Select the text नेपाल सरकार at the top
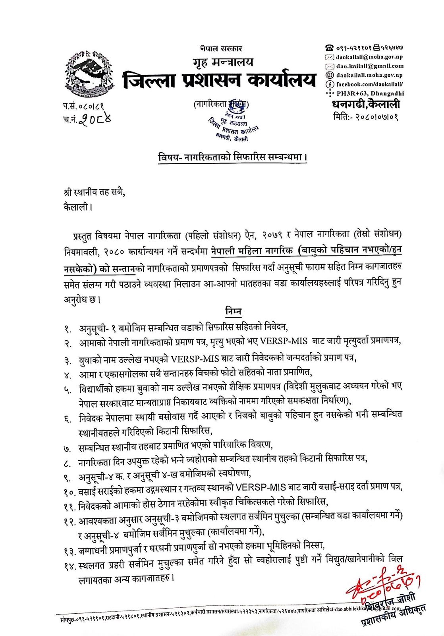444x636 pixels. coord(221,48)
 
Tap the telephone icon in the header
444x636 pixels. coord(329,48)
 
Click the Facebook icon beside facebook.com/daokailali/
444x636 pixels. coord(329,84)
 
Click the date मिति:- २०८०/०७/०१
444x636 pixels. coord(366,116)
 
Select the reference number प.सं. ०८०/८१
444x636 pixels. coord(83,106)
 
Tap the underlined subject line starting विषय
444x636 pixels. coord(232,157)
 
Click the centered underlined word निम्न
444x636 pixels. coord(233,311)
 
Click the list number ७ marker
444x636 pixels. coord(67,449)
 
